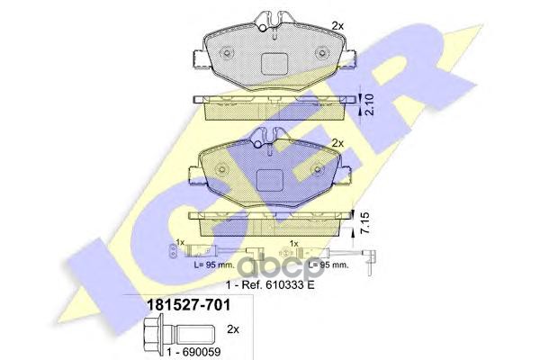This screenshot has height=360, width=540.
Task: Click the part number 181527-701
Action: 188,305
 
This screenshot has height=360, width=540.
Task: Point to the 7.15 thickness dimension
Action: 365,223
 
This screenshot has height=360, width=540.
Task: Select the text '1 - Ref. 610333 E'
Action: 270,285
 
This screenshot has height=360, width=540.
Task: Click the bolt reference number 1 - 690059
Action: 193,352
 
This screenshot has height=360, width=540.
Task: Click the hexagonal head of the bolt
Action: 153,333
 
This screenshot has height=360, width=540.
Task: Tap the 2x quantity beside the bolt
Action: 233,329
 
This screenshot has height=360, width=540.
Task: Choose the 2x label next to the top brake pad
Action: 337,25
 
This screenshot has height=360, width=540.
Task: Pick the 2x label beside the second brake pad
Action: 337,142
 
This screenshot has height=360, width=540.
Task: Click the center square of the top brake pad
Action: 274,63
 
